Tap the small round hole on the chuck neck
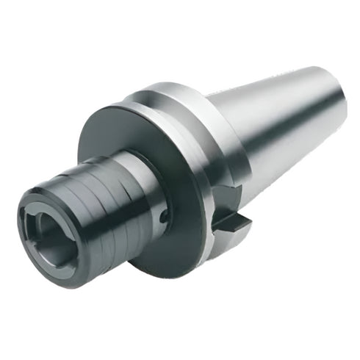click(163, 215)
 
